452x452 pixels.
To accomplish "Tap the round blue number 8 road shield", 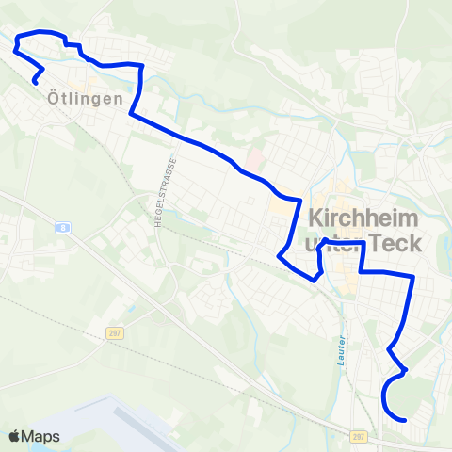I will coord(61,227).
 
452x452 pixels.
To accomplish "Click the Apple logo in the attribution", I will coord(14,436).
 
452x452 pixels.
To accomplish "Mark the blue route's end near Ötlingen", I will coord(35,83).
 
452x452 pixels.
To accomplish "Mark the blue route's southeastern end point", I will coord(404,420).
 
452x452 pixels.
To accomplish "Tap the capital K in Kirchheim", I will coord(316,216).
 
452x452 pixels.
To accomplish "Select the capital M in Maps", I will coord(28,436).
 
